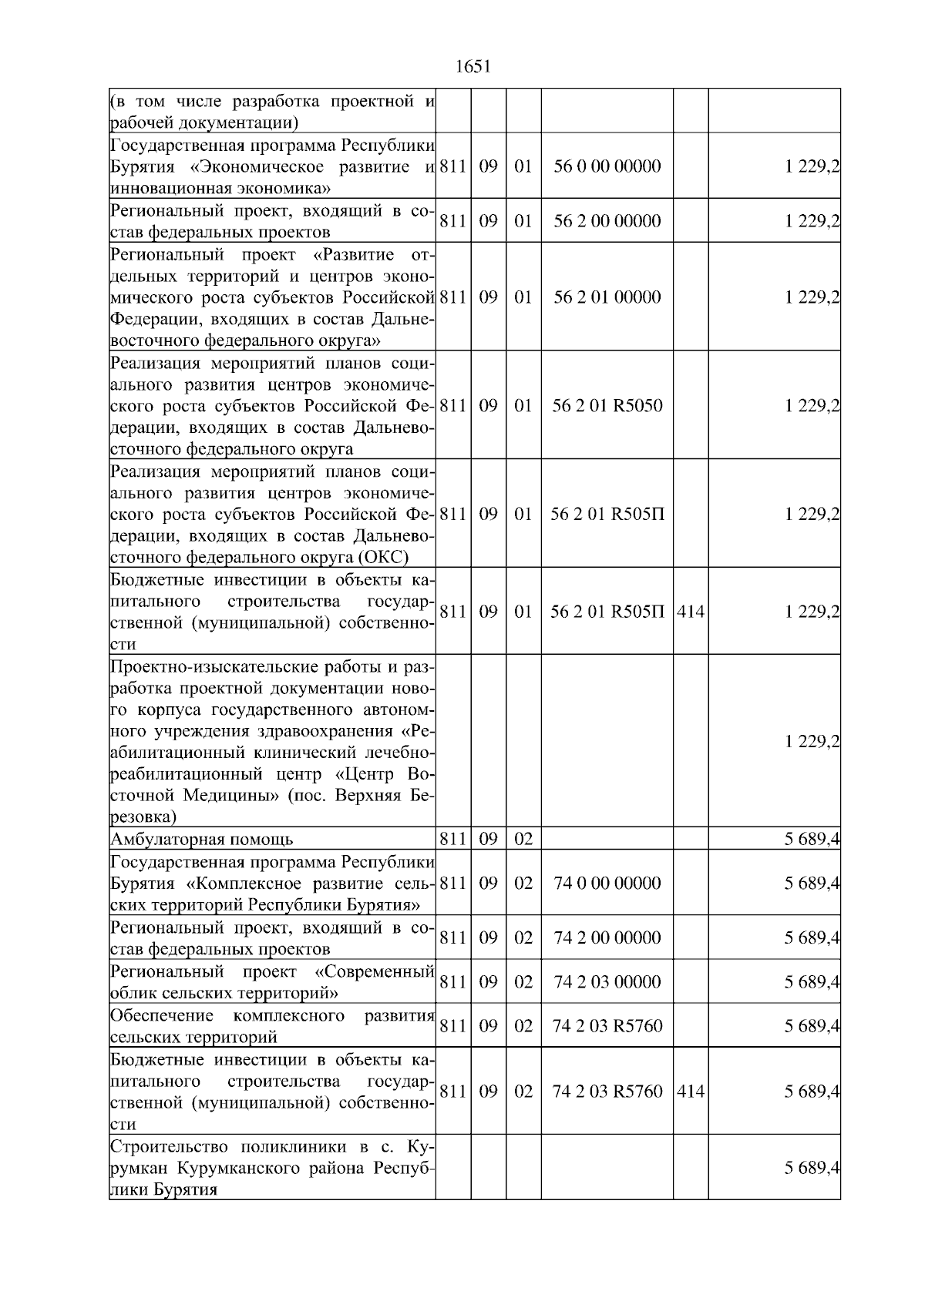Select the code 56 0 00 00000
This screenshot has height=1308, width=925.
607,166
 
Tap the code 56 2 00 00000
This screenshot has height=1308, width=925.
607,221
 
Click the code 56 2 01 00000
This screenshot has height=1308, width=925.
607,297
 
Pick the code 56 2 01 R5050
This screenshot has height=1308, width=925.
607,406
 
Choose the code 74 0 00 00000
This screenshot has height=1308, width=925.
607,883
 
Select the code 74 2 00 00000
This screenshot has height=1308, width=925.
607,937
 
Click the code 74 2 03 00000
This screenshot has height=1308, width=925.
607,981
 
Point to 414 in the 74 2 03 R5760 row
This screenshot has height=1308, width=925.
690,1091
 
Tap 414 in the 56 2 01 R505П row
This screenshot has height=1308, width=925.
690,612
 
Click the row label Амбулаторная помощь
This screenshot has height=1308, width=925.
201,839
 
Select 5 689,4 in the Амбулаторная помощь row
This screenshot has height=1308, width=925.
812,839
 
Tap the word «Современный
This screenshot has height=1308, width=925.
376,970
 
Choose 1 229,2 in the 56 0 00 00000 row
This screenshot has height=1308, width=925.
812,166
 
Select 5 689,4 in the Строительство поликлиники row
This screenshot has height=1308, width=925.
812,1168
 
